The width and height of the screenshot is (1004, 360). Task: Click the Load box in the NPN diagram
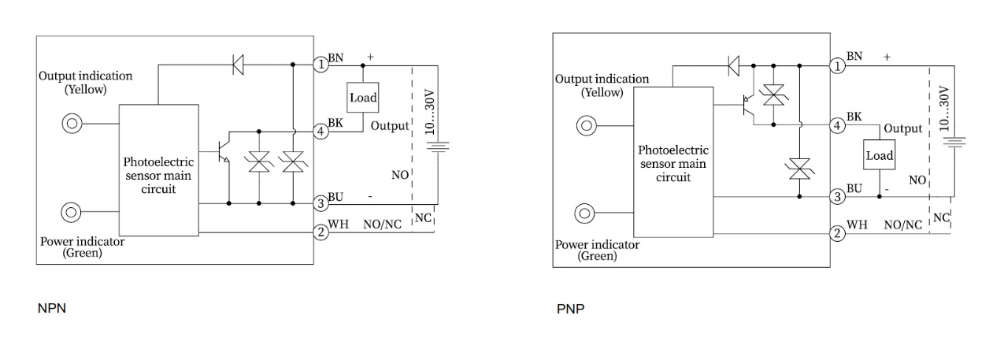coord(362,98)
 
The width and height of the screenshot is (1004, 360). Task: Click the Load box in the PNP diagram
coord(880,155)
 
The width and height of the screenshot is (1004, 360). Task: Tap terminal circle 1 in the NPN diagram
coord(321,65)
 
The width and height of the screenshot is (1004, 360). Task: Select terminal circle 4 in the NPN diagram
coord(321,132)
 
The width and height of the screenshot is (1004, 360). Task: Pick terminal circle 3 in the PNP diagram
coord(839,196)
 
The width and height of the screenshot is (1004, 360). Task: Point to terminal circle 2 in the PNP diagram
coord(839,233)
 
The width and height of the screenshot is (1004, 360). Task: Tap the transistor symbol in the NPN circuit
coord(223,154)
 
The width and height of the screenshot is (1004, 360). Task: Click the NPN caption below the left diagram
coord(52,308)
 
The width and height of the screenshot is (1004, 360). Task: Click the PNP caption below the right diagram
coord(570,308)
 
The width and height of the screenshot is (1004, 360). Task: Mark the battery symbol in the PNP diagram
coord(954,142)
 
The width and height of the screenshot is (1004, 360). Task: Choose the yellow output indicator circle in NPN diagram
coord(72,123)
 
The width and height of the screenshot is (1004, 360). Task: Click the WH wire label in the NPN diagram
coord(338,225)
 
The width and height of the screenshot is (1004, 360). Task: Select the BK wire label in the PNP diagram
coord(854,117)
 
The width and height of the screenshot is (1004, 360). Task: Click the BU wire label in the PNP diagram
coord(854,188)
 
